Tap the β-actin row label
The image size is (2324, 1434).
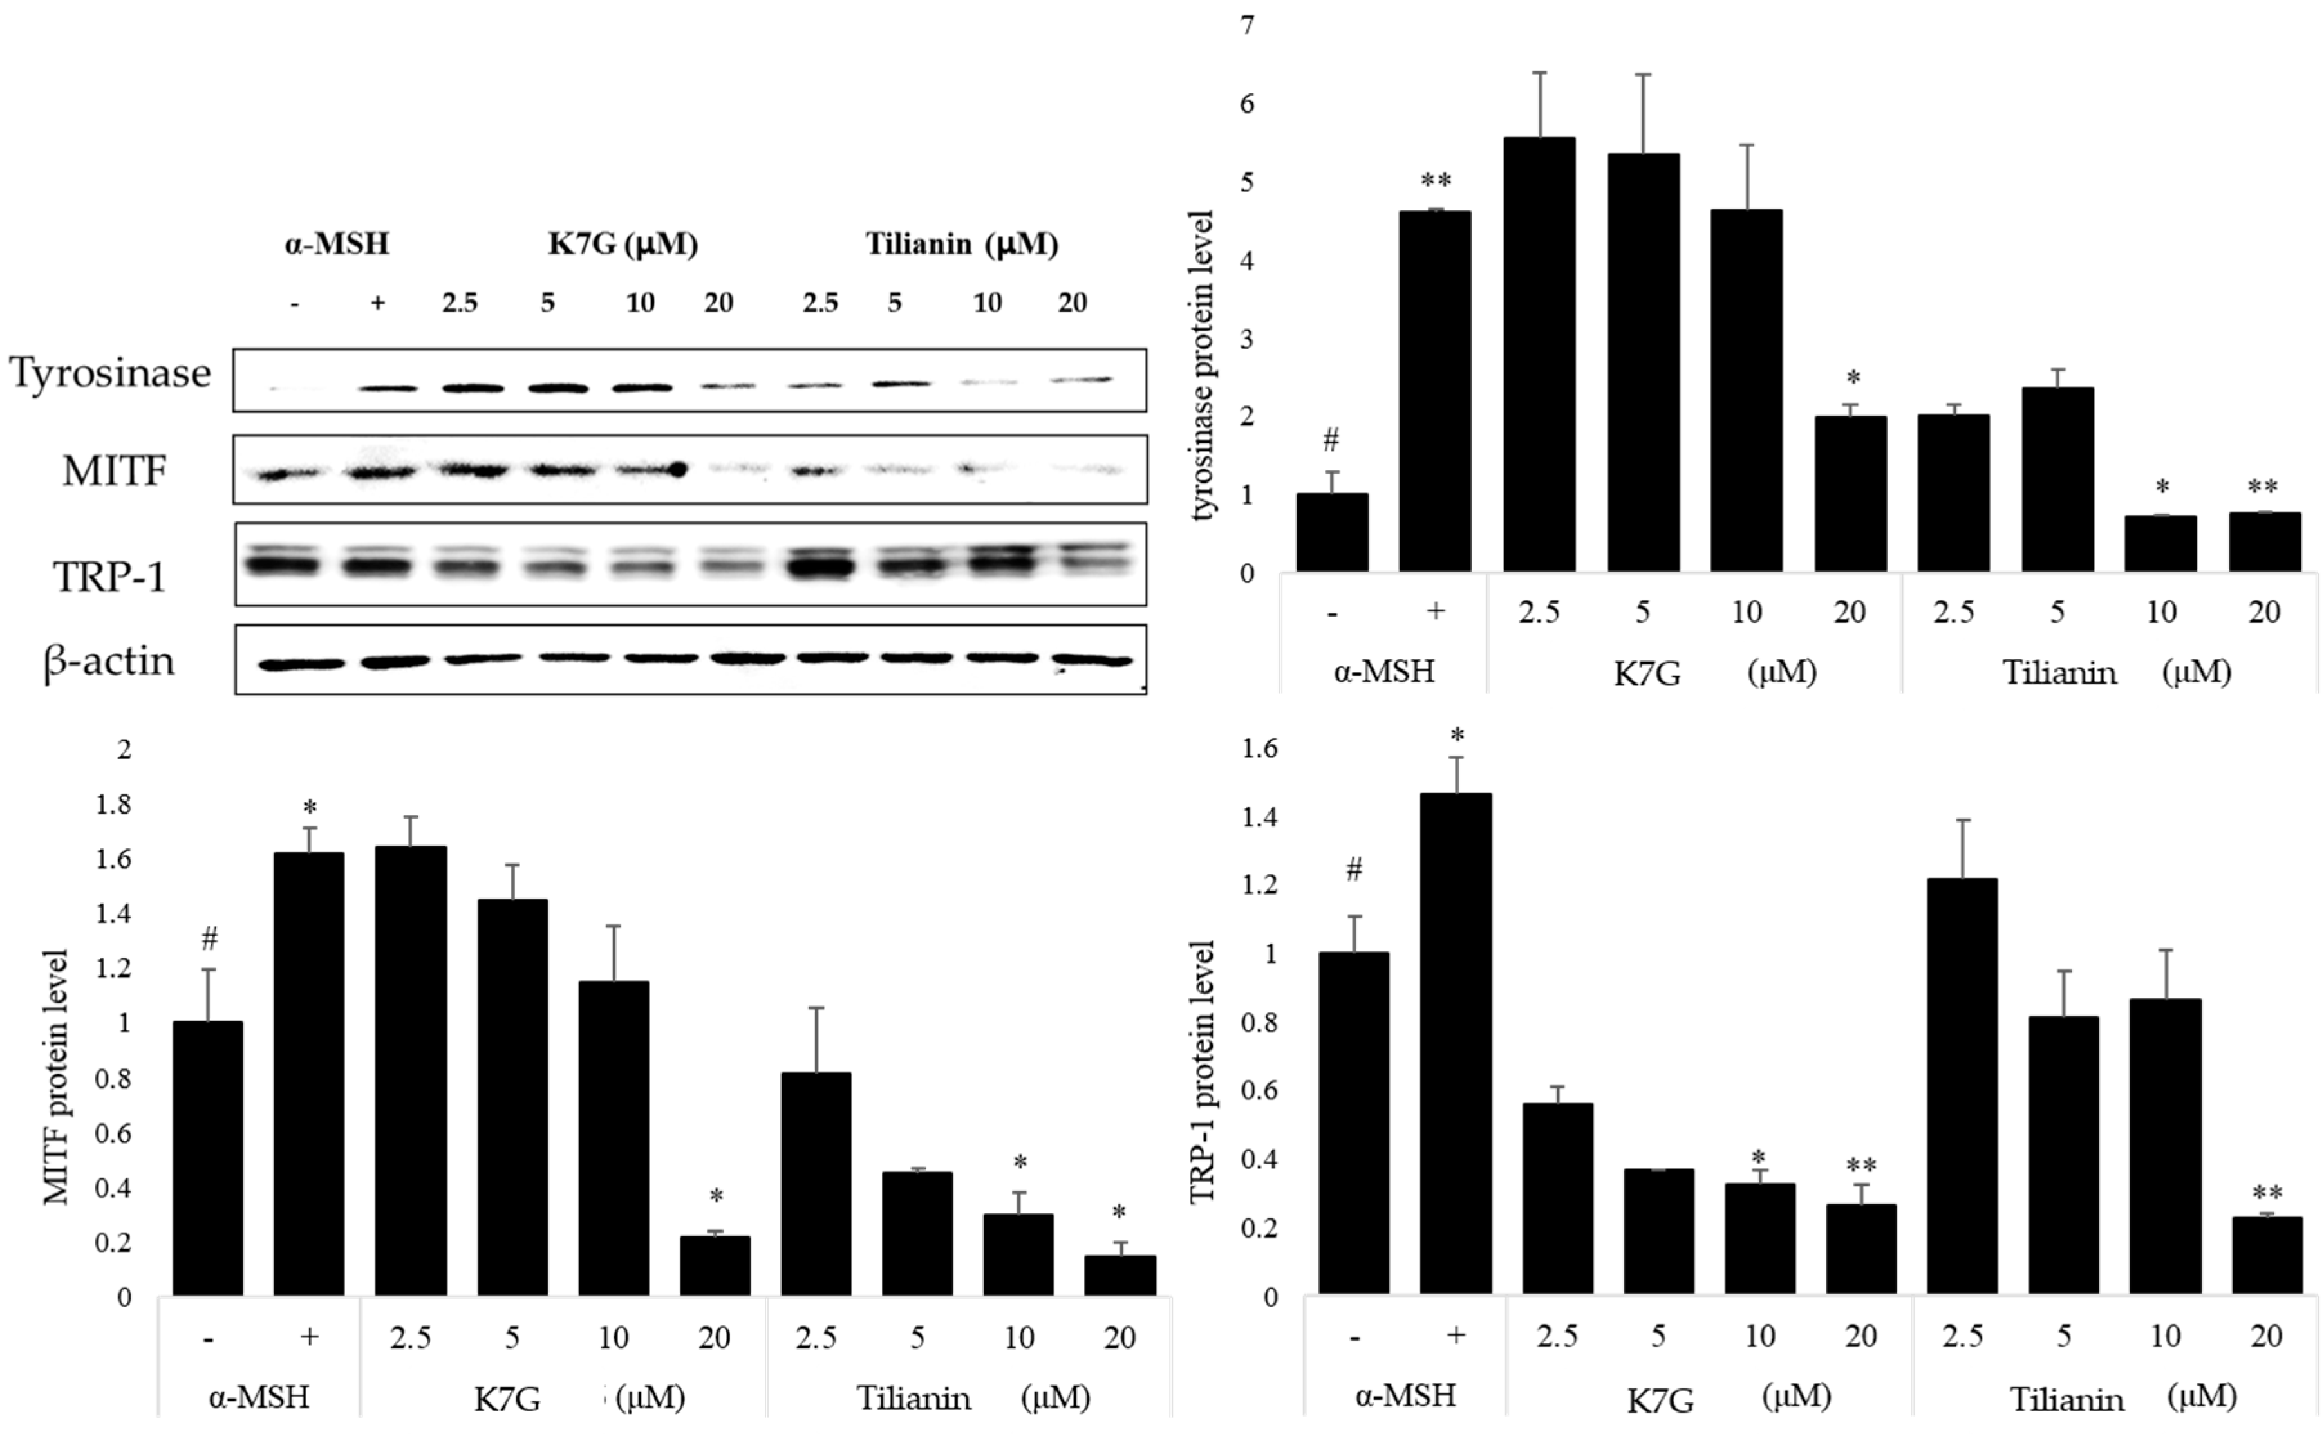point(109,661)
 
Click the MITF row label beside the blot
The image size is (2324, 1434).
point(115,470)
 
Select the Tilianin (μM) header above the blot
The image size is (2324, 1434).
point(961,245)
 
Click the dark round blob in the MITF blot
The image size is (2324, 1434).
point(677,469)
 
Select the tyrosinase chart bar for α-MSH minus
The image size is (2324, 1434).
point(1332,532)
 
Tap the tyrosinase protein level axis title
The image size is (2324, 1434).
point(1203,365)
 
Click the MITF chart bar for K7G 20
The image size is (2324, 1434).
point(715,1266)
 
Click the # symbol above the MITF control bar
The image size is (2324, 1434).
point(209,940)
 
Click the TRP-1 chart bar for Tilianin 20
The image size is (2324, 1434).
point(2266,1256)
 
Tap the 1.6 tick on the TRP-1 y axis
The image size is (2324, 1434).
point(1259,749)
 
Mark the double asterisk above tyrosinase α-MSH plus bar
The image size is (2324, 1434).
point(1435,181)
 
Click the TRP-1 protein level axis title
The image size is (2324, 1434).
point(1202,1072)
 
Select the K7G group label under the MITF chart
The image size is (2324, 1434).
point(507,1399)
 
